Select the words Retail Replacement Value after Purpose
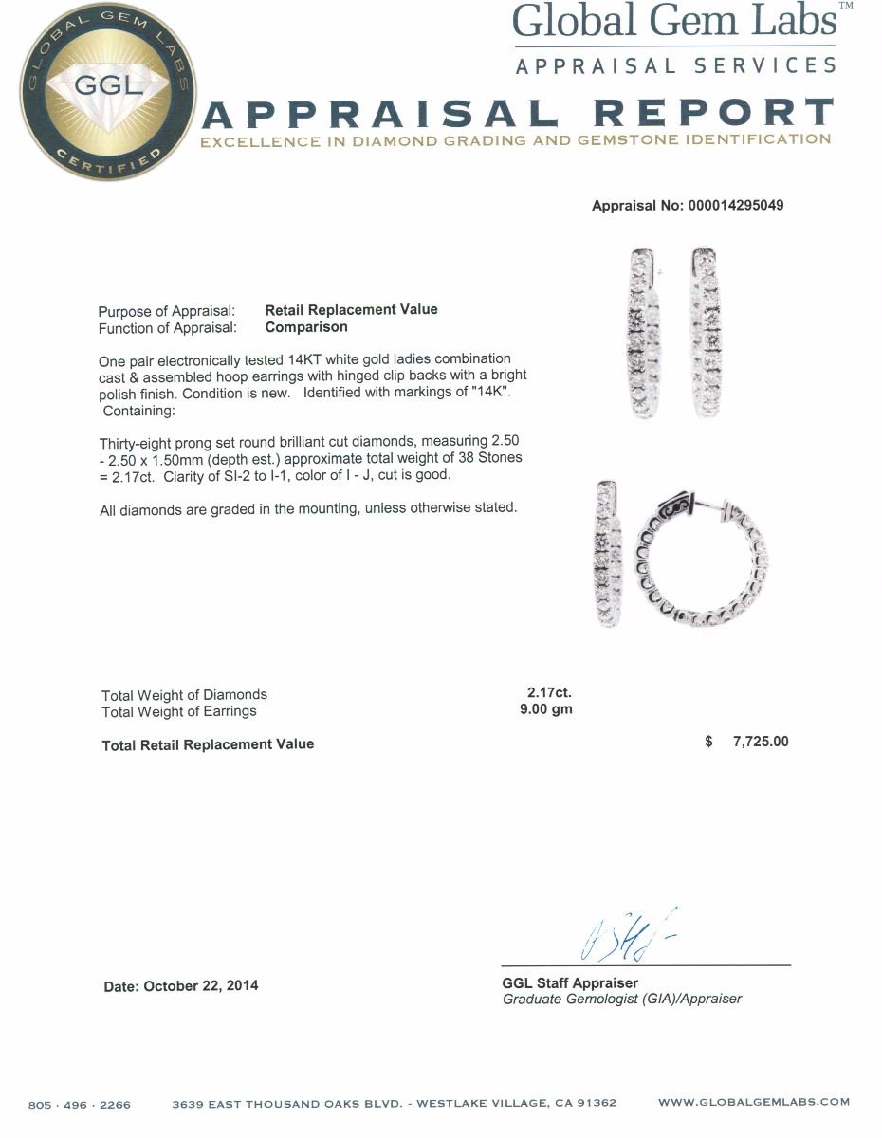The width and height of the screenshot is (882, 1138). [351, 309]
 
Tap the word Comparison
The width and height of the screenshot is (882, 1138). [305, 327]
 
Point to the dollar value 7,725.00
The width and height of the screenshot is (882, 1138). [760, 742]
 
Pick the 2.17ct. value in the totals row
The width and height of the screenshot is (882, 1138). [543, 693]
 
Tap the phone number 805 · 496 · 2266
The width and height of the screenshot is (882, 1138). [80, 1104]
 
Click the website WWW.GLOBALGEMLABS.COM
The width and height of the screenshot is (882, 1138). [754, 1102]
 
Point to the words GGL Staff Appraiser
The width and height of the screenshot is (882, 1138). [570, 983]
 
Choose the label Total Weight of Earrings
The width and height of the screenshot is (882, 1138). [178, 711]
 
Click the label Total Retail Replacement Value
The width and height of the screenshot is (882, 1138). [208, 744]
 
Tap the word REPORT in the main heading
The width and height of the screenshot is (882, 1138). [713, 114]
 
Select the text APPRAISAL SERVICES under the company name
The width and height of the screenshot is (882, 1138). [676, 65]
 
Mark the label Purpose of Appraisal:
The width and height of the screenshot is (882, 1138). [167, 310]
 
